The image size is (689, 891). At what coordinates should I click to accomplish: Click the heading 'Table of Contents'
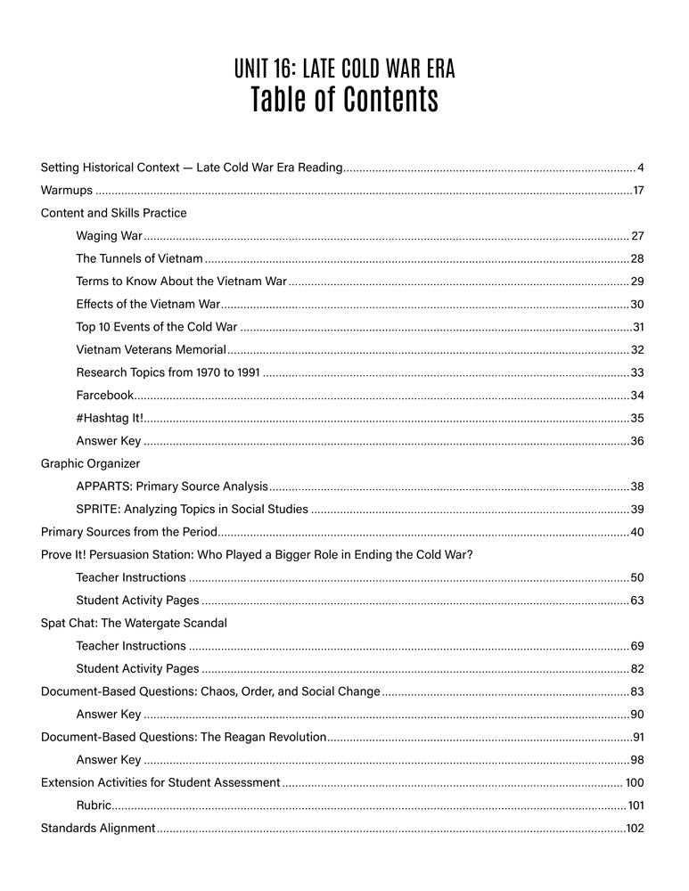(344, 101)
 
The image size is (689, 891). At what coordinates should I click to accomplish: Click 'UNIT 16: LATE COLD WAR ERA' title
(344, 68)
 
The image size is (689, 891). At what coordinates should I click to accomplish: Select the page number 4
(640, 168)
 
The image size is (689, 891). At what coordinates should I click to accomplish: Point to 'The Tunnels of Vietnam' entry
(139, 258)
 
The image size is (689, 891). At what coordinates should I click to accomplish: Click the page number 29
(636, 282)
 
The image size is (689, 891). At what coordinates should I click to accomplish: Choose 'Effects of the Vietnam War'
(148, 304)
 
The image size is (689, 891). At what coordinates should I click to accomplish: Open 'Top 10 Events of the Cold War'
(157, 327)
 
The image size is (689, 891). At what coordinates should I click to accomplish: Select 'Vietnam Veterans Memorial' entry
(151, 350)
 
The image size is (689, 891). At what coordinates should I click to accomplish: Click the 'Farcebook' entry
(104, 395)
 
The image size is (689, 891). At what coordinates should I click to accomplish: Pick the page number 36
(636, 441)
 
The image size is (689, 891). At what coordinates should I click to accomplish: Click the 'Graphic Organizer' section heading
(90, 463)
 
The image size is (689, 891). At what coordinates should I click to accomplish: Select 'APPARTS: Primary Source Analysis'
(172, 486)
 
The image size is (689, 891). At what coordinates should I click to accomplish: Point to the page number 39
(636, 510)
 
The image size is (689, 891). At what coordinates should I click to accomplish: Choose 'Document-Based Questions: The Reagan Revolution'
(185, 737)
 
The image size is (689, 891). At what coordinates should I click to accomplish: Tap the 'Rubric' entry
(94, 805)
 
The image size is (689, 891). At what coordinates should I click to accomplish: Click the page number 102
(635, 828)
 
